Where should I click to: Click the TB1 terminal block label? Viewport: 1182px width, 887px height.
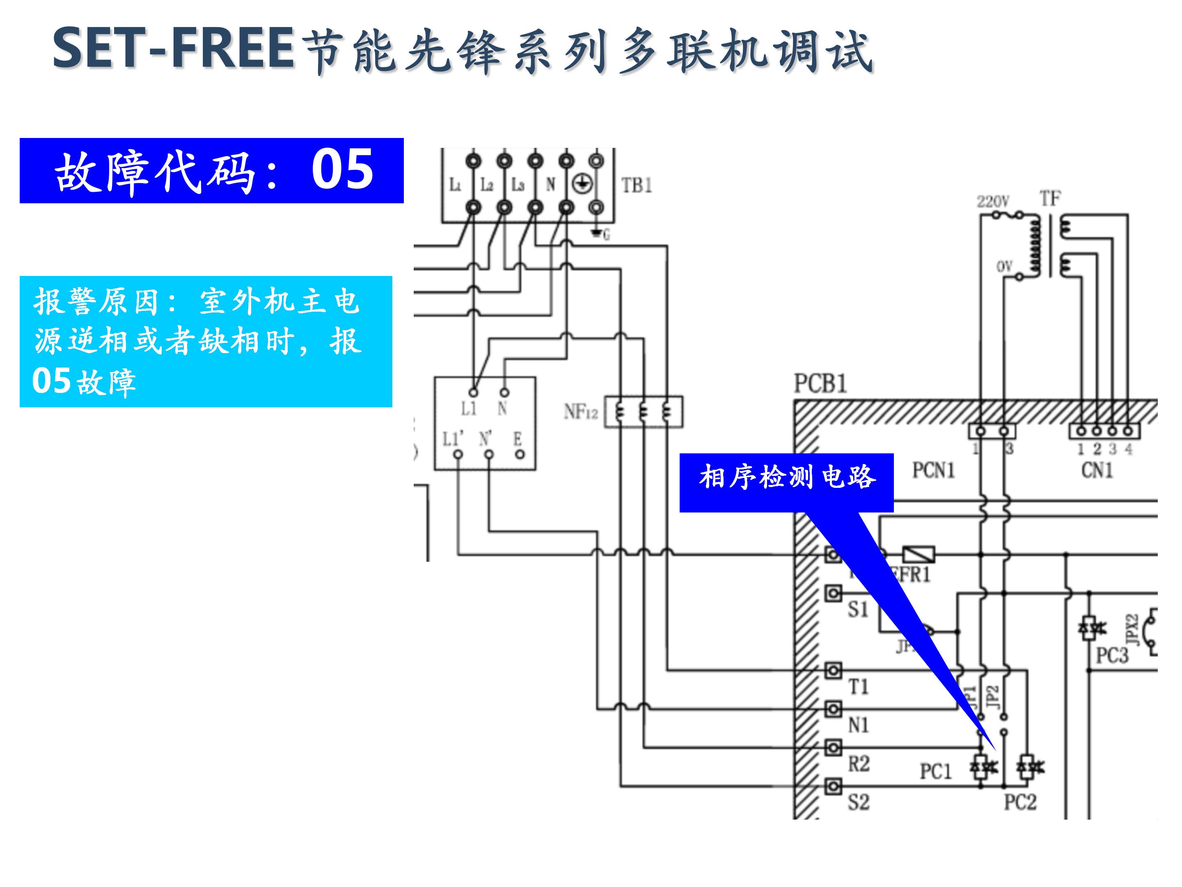636,186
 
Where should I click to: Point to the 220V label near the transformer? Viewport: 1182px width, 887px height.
993,202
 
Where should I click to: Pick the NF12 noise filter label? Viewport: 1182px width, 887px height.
580,412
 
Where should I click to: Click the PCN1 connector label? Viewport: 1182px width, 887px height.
933,471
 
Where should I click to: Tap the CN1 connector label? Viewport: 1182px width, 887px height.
1097,471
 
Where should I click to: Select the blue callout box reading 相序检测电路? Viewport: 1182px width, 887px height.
786,478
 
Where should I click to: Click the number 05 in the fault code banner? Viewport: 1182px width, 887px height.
343,170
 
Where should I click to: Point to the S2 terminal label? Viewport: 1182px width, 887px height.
858,802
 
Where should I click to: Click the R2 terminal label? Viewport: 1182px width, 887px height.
858,763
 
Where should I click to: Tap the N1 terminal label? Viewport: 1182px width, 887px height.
858,725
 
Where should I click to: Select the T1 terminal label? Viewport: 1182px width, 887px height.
858,687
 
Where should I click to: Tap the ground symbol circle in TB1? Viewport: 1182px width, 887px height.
582,184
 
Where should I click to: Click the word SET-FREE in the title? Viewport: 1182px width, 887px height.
174,49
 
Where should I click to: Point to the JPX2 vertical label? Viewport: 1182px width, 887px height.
1132,630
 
